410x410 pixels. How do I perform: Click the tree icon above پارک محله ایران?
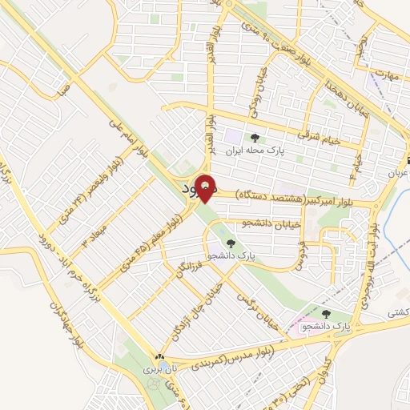[255, 138]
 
